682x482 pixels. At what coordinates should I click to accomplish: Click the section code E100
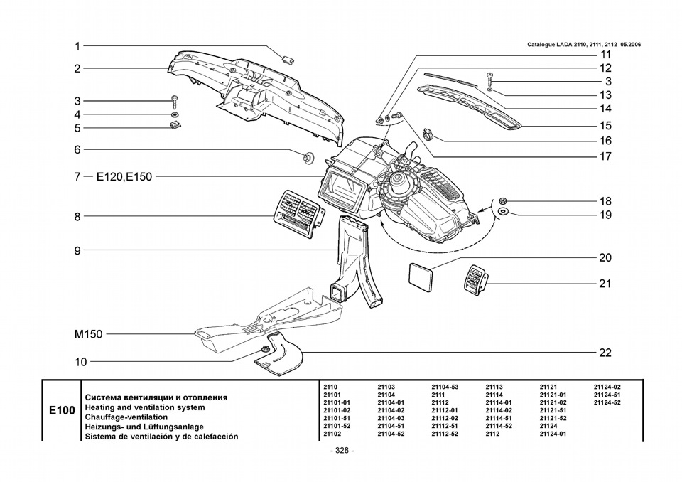[x=62, y=410]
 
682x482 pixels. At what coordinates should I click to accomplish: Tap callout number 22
[x=605, y=353]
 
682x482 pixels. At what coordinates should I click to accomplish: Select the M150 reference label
[x=88, y=334]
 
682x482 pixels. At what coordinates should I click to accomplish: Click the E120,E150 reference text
[x=124, y=177]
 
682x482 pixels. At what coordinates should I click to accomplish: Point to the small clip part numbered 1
[x=287, y=59]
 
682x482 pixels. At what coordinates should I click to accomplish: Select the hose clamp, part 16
[x=428, y=134]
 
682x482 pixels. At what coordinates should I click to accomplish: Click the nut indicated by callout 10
[x=264, y=349]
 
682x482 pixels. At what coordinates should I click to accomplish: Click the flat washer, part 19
[x=502, y=212]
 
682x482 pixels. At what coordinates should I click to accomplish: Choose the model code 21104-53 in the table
[x=445, y=387]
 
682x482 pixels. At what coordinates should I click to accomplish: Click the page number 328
[x=342, y=451]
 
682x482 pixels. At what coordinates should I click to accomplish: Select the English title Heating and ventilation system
[x=145, y=407]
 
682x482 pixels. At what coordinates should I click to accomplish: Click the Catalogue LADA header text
[x=584, y=44]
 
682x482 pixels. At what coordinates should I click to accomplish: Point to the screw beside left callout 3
[x=175, y=102]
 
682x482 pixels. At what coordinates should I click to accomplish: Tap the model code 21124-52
[x=607, y=402]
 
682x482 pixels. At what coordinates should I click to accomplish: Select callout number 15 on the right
[x=605, y=126]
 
